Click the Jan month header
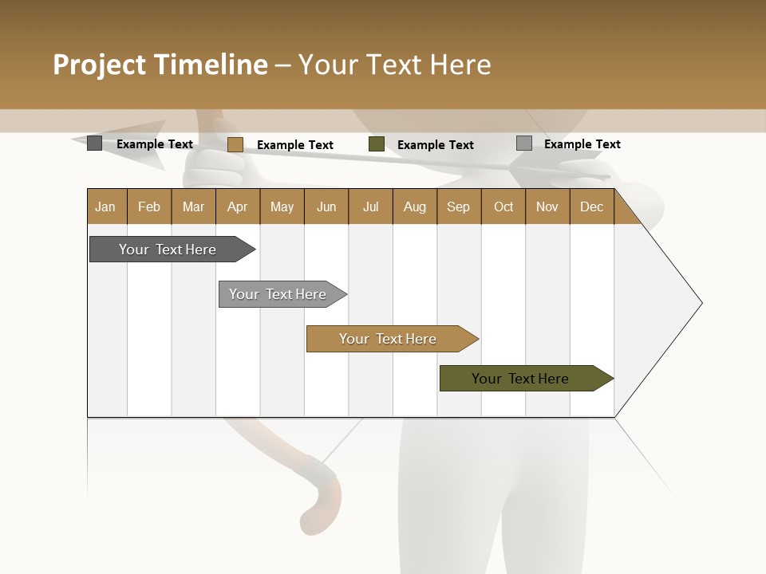[105, 206]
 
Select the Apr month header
[237, 206]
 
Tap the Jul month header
[370, 206]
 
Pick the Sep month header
[458, 206]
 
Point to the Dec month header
[591, 206]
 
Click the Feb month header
[149, 206]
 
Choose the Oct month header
[503, 206]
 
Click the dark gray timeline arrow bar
[168, 250]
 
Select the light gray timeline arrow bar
[278, 294]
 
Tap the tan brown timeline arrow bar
[388, 339]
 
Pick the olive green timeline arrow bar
[520, 379]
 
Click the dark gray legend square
[94, 143]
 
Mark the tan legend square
[235, 144]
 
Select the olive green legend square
[377, 144]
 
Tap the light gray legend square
[524, 143]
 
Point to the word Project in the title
[99, 65]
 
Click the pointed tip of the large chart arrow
[700, 303]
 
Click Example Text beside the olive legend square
[435, 144]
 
